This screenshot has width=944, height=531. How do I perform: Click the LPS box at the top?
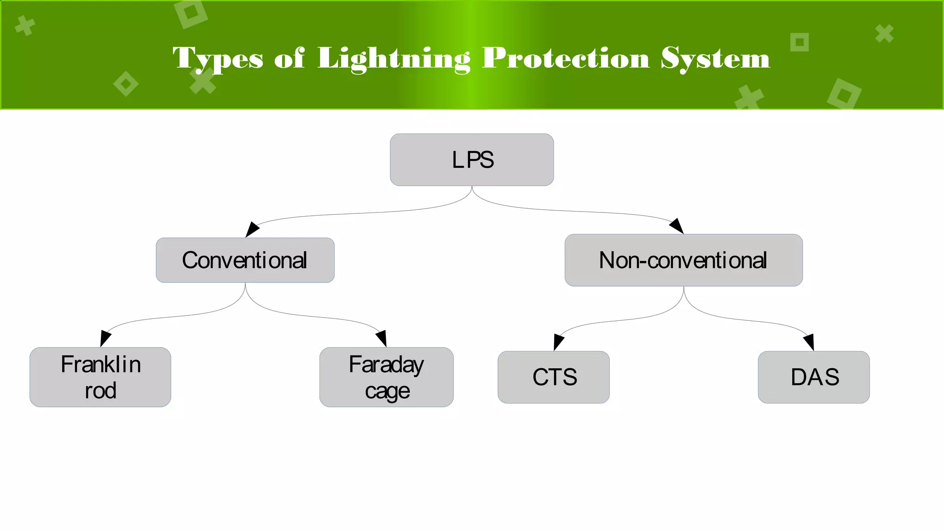[472, 160]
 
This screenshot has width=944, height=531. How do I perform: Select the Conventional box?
[245, 260]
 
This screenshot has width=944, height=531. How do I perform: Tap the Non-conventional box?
[683, 260]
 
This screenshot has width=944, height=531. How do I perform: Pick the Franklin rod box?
[100, 377]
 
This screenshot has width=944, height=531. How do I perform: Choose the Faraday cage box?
[386, 377]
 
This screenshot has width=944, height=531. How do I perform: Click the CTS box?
[554, 377]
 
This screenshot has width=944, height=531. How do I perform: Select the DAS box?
[814, 377]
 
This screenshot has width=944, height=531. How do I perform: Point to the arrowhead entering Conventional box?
[252, 229]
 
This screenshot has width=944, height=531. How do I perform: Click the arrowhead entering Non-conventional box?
[677, 226]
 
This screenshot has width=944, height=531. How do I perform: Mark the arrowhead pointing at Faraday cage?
[382, 338]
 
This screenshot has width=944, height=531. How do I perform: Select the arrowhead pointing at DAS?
[809, 342]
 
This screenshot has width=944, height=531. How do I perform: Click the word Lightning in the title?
[394, 59]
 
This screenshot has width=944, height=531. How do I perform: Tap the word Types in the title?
[218, 59]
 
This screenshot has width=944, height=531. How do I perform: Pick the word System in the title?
[715, 59]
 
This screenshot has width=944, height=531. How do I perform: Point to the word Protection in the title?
[566, 59]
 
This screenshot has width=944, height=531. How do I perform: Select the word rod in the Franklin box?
[100, 391]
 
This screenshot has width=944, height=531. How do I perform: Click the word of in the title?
[289, 59]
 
